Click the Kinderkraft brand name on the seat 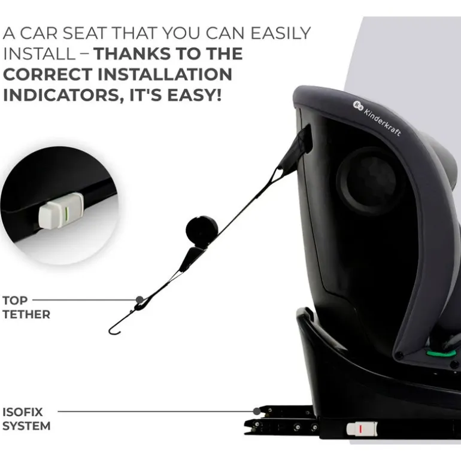[383, 122]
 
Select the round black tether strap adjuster [202, 229]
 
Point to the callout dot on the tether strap [139, 299]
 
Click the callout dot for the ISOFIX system [257, 411]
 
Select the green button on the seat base [441, 353]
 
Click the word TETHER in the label [26, 314]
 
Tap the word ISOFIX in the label [23, 412]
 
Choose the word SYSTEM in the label [27, 426]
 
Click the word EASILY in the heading [280, 33]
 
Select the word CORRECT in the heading [48, 74]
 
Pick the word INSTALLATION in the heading [165, 74]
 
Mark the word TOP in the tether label [15, 301]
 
